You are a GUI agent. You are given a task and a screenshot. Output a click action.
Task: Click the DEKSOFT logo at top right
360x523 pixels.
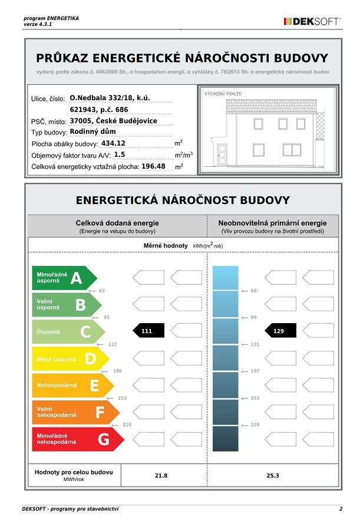coord(312,21)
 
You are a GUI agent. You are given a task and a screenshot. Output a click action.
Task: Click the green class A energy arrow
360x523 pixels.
coord(62,278)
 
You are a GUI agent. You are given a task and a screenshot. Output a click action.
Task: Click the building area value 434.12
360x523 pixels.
coord(114,143)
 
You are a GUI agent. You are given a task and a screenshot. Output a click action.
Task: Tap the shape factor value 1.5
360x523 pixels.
coord(120,154)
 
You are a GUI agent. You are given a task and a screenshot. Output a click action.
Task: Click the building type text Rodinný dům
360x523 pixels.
coord(93,131)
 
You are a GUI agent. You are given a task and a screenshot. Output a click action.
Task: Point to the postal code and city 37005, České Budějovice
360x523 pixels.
coord(113,121)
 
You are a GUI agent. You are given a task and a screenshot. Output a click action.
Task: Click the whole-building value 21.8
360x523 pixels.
coord(161,476)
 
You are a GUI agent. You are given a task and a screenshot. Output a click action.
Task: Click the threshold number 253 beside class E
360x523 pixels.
coord(122,398)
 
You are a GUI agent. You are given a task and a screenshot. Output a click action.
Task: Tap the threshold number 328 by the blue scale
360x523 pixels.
coord(255,425)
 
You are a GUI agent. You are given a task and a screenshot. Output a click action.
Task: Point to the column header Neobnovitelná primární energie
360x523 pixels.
coord(272,223)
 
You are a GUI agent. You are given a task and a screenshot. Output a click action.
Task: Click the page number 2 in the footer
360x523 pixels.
coord(341,508)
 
